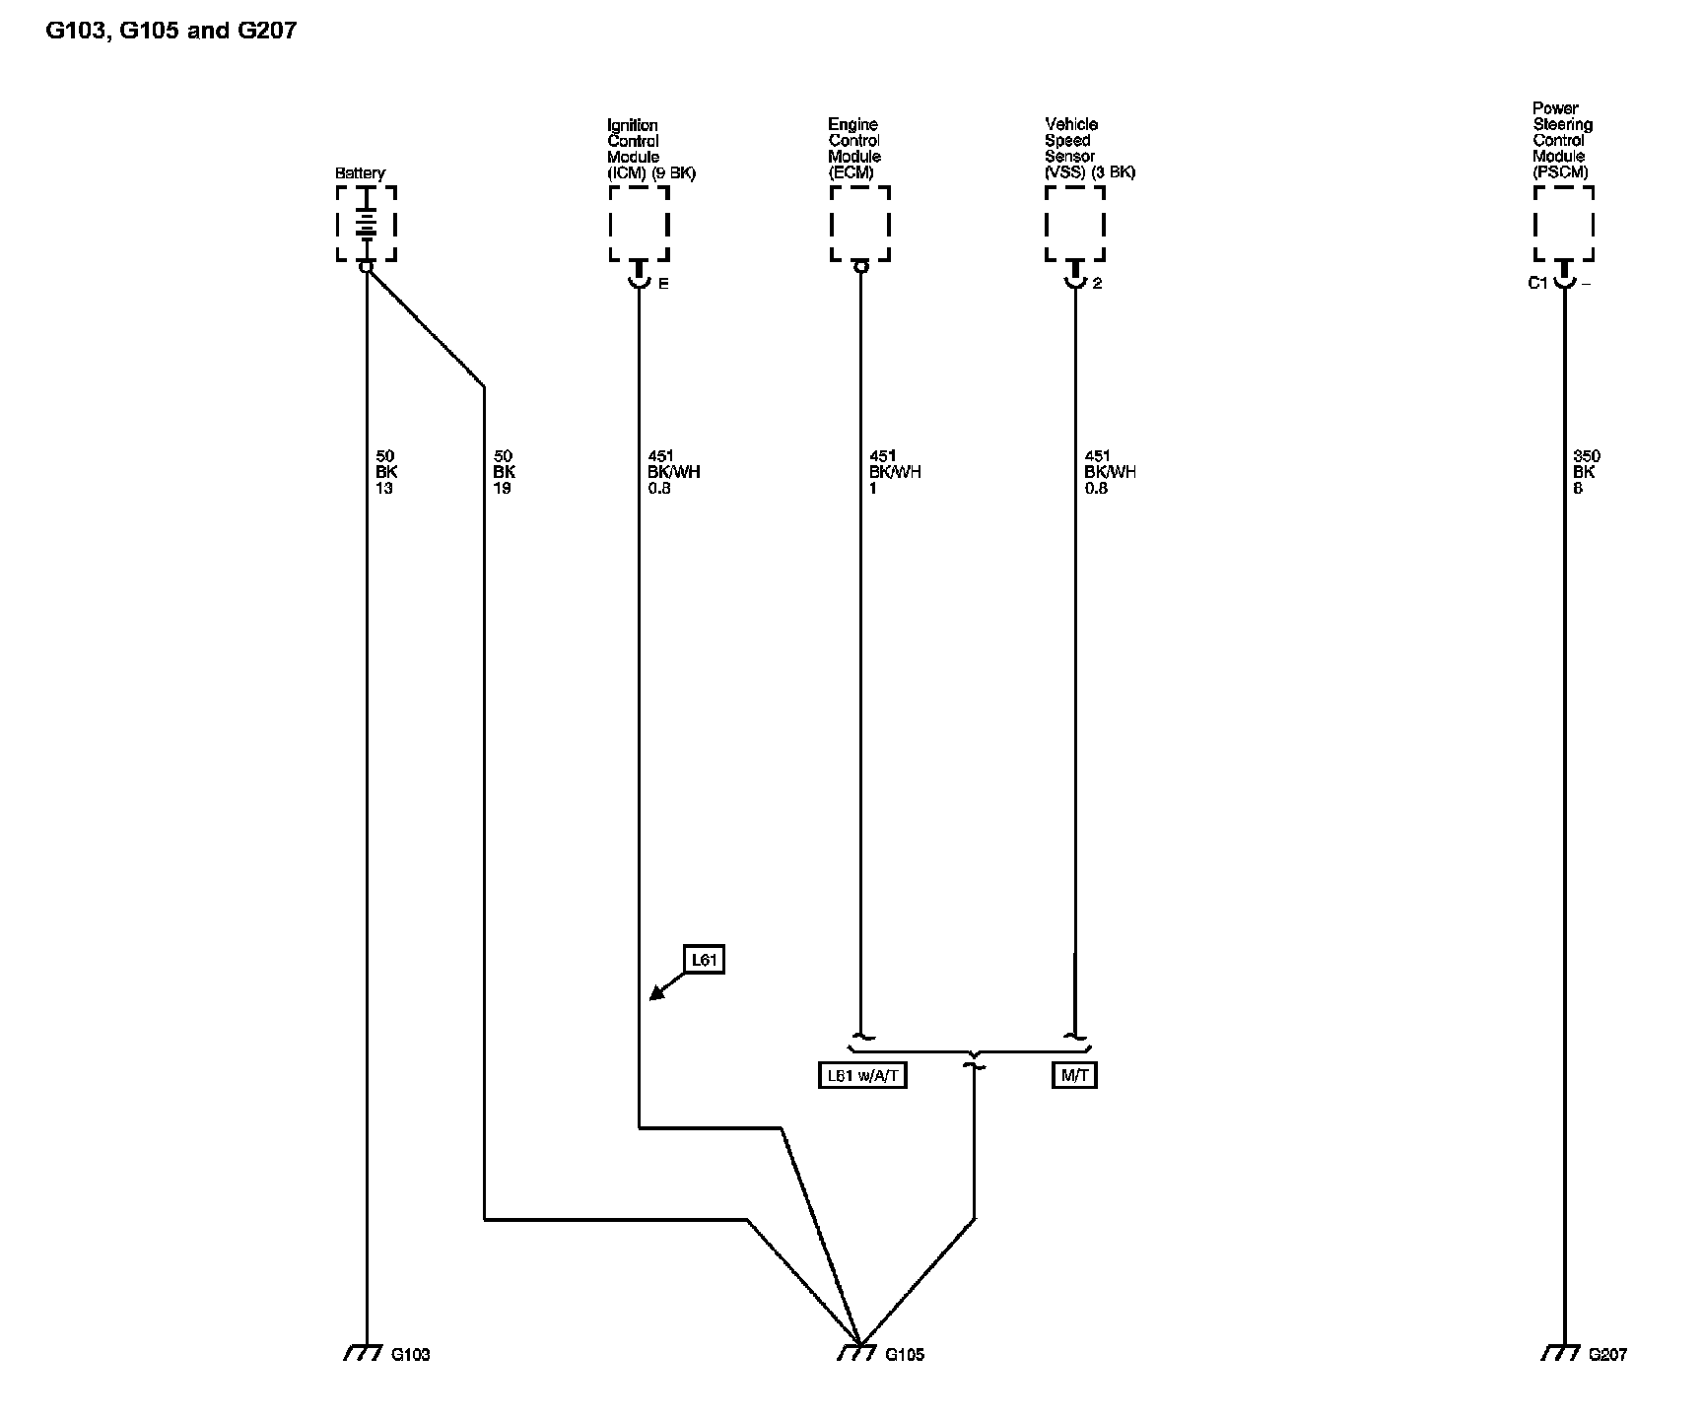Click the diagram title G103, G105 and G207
(x=171, y=31)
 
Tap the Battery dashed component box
(x=367, y=224)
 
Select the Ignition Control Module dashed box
(x=639, y=224)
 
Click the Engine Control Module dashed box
(x=860, y=224)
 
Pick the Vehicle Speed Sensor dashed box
(x=1074, y=224)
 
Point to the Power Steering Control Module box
(x=1563, y=224)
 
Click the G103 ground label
(x=410, y=1355)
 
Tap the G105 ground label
(x=905, y=1355)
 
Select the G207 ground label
(x=1607, y=1355)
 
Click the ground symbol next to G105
(x=856, y=1353)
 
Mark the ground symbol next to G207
(x=1560, y=1353)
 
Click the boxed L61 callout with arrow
(x=705, y=960)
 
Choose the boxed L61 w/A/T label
(x=862, y=1075)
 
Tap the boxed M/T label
(x=1074, y=1075)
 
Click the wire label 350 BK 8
(x=1586, y=472)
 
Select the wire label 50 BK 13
(x=385, y=472)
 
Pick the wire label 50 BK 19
(x=503, y=472)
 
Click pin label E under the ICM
(x=663, y=284)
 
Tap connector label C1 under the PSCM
(x=1537, y=284)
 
